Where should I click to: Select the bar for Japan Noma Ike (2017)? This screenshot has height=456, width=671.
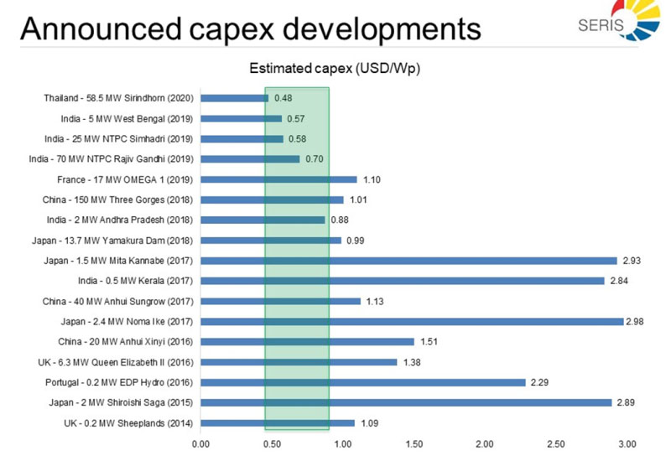[x=412, y=321]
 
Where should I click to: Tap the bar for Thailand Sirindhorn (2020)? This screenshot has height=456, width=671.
[x=235, y=98]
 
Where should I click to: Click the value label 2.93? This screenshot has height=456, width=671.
[x=630, y=261]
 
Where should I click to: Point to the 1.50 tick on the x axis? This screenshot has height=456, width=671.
[x=414, y=443]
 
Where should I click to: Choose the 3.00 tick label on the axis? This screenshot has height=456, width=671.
[x=627, y=443]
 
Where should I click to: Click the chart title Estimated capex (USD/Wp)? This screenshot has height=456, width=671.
[x=335, y=68]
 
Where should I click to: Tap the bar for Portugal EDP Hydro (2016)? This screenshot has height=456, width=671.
[x=363, y=382]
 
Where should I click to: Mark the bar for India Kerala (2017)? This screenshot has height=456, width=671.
[x=403, y=281]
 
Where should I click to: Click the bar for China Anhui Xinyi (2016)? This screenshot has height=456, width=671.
[x=308, y=341]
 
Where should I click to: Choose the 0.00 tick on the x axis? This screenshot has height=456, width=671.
[x=201, y=443]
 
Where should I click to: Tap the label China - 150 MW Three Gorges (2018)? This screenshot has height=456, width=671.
[x=118, y=199]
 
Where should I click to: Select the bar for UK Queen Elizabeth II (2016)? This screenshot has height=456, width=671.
[x=299, y=362]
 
